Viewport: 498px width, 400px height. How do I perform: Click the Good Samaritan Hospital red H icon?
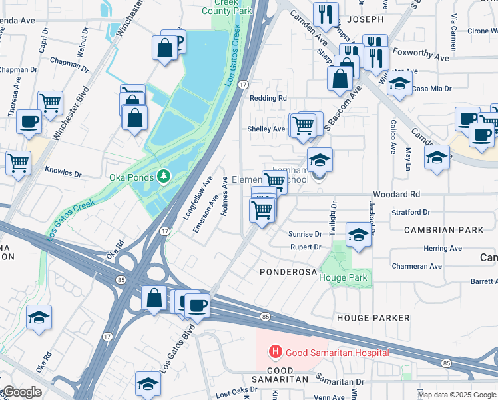tap(273, 351)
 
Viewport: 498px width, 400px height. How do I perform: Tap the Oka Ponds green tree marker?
tap(164, 176)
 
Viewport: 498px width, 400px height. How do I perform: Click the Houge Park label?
tap(344, 277)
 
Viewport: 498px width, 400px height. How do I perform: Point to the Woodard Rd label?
tap(397, 194)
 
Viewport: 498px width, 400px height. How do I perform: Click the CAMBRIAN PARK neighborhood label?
tap(444, 230)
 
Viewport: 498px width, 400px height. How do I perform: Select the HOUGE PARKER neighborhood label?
tap(373, 318)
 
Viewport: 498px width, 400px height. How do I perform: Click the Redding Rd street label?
tap(268, 98)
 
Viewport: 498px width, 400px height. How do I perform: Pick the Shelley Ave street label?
tap(266, 129)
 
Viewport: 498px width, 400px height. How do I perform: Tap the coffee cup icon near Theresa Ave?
tap(28, 121)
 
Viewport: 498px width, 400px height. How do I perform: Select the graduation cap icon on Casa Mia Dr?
tap(399, 84)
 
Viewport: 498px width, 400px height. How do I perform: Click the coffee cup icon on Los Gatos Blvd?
tap(197, 305)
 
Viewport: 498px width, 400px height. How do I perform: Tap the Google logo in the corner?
tap(21, 392)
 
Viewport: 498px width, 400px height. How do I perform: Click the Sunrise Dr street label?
tap(305, 234)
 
